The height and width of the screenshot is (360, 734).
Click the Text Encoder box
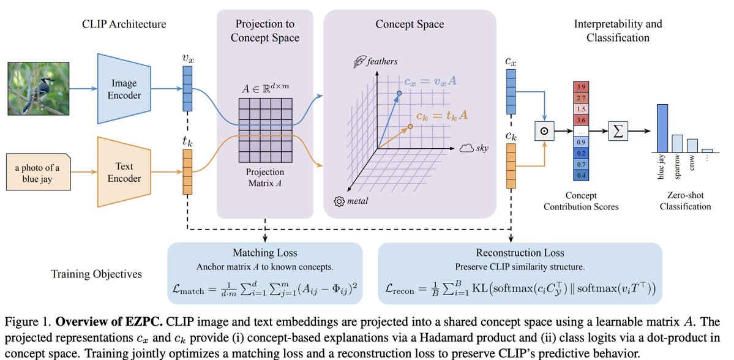click(124, 173)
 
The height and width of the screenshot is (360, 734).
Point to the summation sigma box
click(619, 131)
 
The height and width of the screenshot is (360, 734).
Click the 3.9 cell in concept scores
click(582, 86)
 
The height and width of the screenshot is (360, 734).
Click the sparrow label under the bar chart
click(677, 166)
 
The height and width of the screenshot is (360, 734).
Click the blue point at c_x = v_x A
click(399, 93)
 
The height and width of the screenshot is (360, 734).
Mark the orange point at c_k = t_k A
click(411, 126)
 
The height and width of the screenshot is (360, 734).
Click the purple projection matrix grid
click(265, 127)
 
